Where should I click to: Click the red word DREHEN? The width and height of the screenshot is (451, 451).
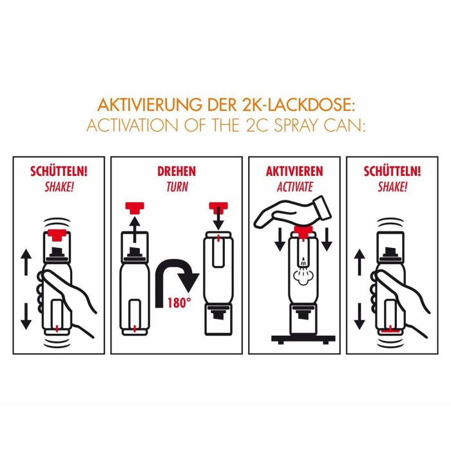[176, 172]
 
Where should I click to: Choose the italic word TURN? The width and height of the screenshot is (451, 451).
[176, 186]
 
